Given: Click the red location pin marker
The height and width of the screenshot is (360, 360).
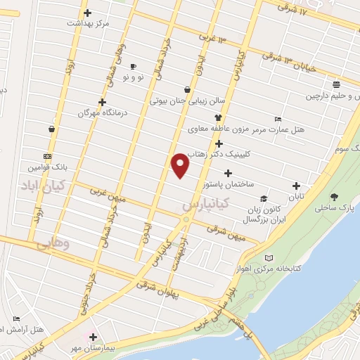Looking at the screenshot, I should (x=181, y=166).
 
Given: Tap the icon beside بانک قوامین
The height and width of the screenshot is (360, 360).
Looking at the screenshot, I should (x=47, y=156).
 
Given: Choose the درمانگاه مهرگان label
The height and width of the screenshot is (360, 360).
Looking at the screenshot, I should (x=84, y=113).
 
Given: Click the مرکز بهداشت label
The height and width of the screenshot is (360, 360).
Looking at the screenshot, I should (x=89, y=24).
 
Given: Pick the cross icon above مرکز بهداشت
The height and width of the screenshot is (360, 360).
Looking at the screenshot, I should (x=87, y=13).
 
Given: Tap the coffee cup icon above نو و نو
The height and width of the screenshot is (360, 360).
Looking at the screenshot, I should (x=134, y=65).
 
